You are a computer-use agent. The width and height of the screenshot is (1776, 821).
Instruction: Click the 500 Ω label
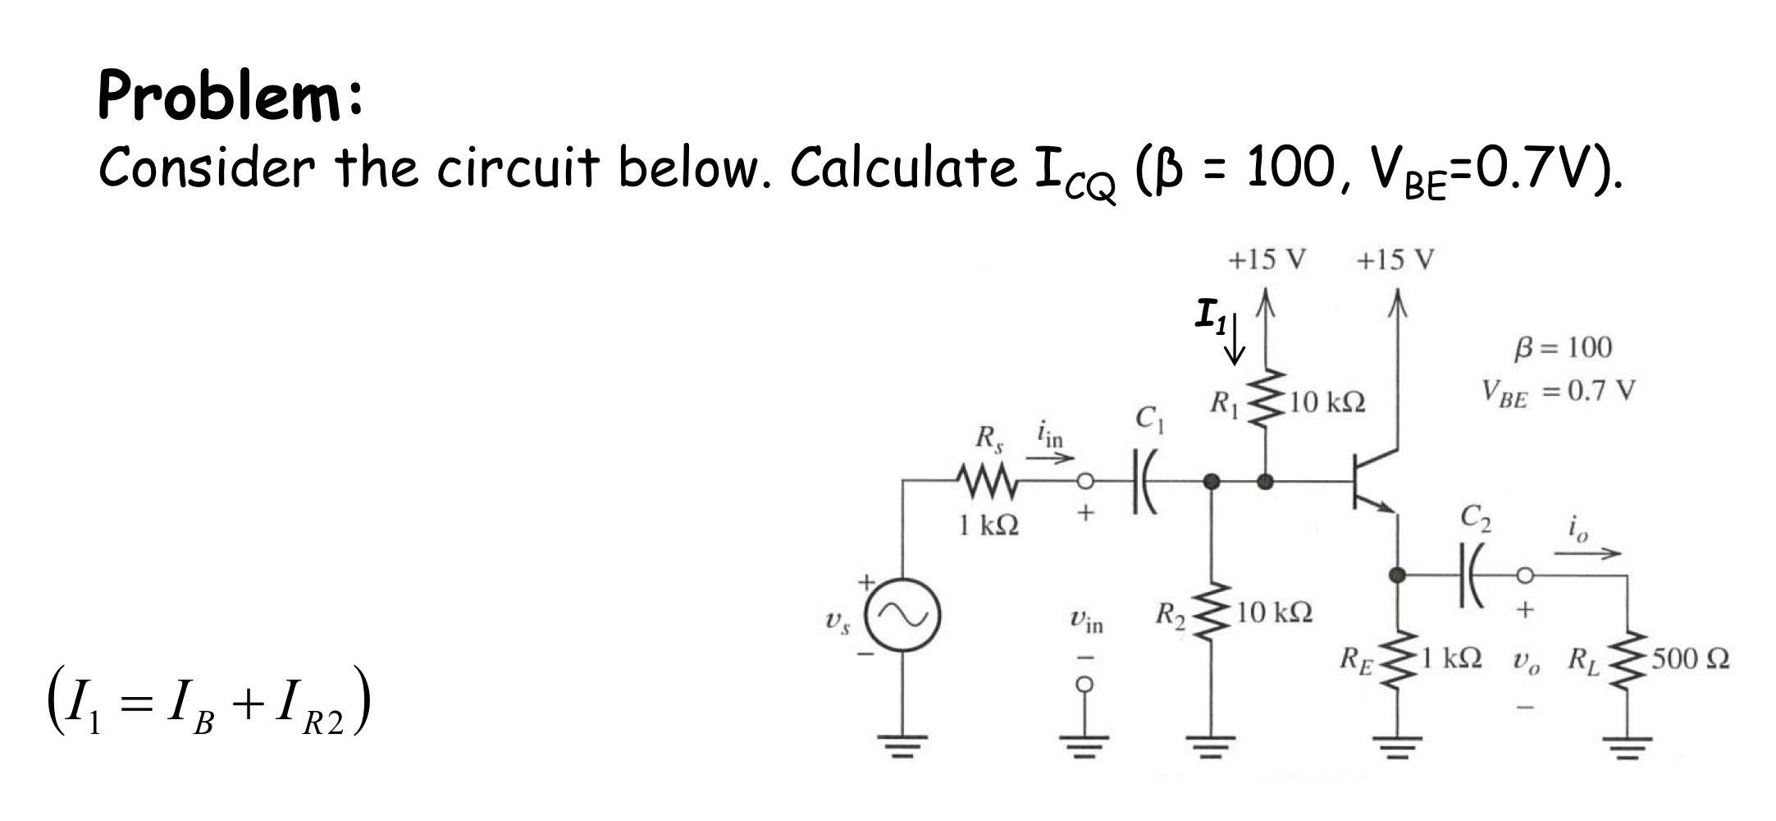[x=1690, y=659]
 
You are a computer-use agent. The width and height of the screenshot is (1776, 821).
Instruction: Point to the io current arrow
[x=1587, y=553]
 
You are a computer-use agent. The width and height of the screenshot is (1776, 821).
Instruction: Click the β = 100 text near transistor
[x=1562, y=347]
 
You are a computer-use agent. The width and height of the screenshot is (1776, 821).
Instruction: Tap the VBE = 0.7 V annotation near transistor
[x=1557, y=392]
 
